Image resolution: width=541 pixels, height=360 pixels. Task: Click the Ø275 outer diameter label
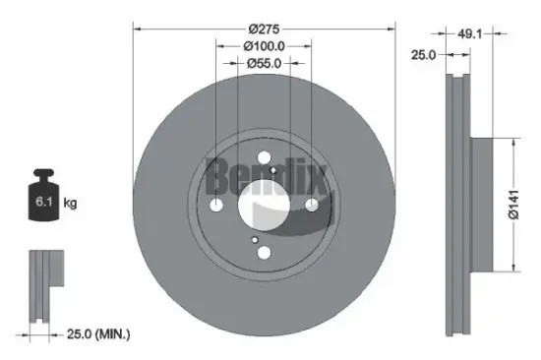tap(264, 30)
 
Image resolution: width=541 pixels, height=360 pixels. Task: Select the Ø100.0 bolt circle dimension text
tap(264, 45)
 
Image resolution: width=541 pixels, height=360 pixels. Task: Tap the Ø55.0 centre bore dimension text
tap(264, 62)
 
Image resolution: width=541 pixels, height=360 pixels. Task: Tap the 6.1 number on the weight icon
tap(41, 204)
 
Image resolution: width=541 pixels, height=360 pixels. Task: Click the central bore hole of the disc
tap(264, 204)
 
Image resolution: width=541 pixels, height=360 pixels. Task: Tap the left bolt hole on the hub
tap(216, 204)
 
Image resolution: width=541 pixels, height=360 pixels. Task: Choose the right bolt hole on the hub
tap(312, 204)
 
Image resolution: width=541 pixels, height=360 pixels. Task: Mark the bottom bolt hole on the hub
tap(264, 252)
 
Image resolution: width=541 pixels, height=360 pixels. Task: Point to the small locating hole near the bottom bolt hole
tap(253, 239)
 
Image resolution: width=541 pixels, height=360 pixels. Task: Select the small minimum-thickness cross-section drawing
tap(43, 285)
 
